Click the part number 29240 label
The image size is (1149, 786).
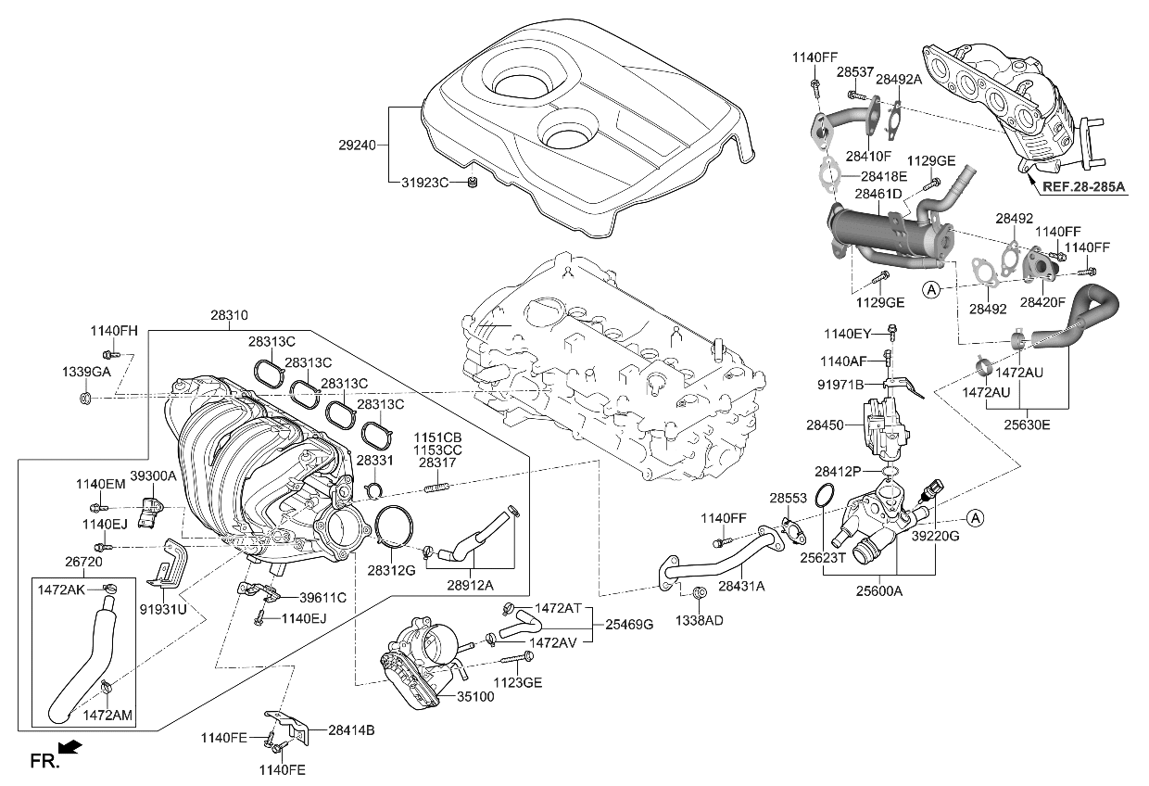tap(357, 146)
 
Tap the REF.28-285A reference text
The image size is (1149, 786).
tap(1083, 187)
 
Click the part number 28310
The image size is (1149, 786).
tap(229, 316)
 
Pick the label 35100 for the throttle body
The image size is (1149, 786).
tap(475, 695)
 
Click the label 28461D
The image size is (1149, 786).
tap(878, 195)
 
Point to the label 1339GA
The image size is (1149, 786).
tap(87, 371)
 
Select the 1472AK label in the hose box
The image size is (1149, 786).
tap(60, 589)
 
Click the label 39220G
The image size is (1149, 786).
tap(935, 537)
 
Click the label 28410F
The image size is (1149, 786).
tap(867, 157)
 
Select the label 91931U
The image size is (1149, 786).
tap(163, 609)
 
